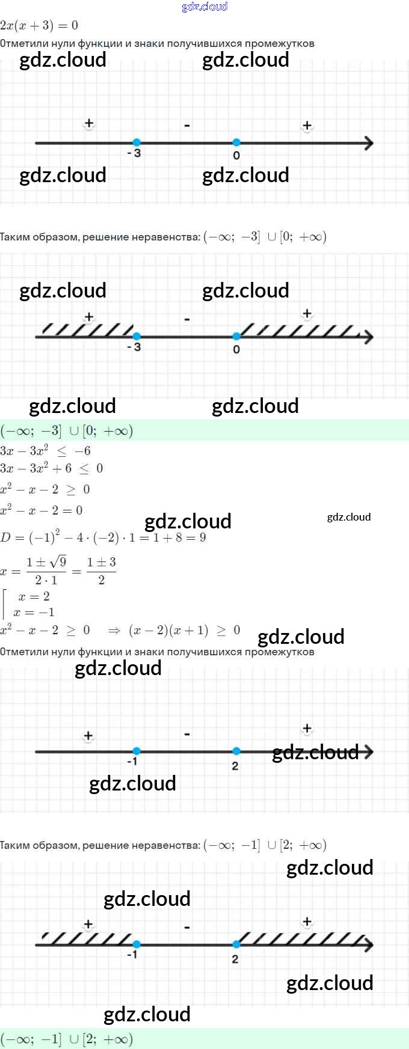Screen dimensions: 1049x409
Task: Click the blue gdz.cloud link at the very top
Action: coord(204,7)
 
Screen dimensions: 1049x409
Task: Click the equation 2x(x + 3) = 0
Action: coord(39,25)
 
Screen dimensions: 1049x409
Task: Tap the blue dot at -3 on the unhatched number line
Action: coord(137,142)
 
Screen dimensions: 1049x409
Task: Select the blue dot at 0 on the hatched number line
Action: coord(236,336)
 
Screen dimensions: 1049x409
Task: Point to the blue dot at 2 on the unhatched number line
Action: coord(236,751)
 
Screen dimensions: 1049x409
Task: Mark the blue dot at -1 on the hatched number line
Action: coord(137,944)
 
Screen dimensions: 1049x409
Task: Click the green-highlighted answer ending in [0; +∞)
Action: coord(67,430)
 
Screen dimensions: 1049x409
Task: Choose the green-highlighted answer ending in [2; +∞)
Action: coord(67,1039)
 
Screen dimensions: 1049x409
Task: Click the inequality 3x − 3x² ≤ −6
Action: coord(46,451)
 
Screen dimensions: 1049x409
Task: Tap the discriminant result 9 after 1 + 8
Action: coord(203,537)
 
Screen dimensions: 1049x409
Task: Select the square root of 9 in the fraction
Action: coord(58,562)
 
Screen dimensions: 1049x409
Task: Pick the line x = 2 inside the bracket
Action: coord(34,596)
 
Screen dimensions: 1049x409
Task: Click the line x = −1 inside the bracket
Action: coord(34,612)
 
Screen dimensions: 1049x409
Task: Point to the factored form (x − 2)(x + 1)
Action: coord(168,630)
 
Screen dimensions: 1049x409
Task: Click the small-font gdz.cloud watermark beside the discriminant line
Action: coord(349,517)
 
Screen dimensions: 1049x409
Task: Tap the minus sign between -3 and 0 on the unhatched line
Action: coord(187,126)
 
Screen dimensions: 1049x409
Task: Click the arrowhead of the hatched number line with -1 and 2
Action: coord(367,945)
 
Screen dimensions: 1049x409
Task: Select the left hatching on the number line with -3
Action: coord(87,329)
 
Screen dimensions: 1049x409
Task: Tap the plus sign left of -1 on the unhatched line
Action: coord(88,735)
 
